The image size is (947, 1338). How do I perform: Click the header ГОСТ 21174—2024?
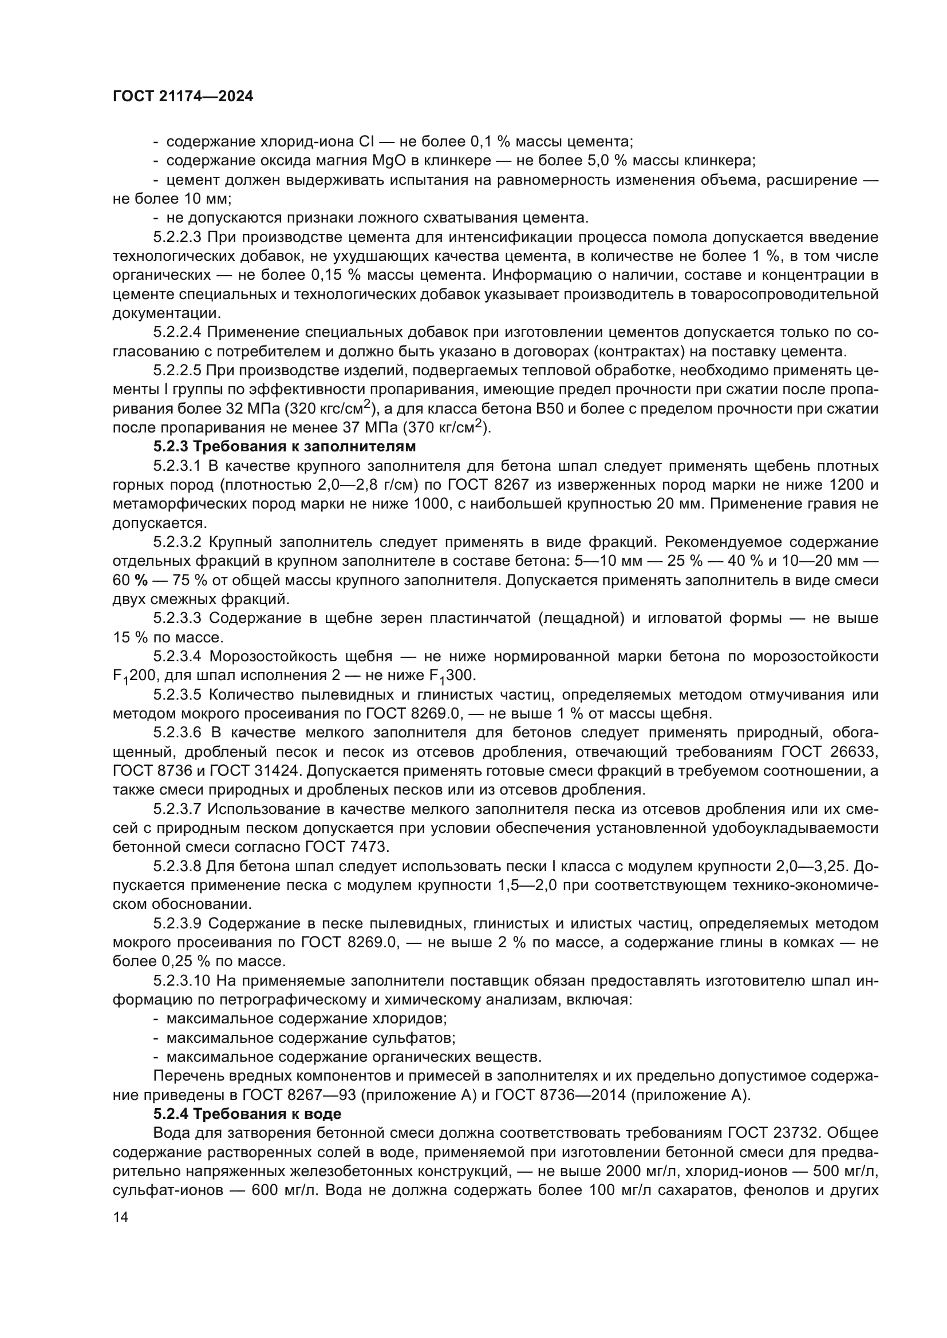point(183,97)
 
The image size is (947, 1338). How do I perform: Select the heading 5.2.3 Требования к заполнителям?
point(285,447)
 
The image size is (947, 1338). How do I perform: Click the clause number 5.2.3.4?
point(177,657)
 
